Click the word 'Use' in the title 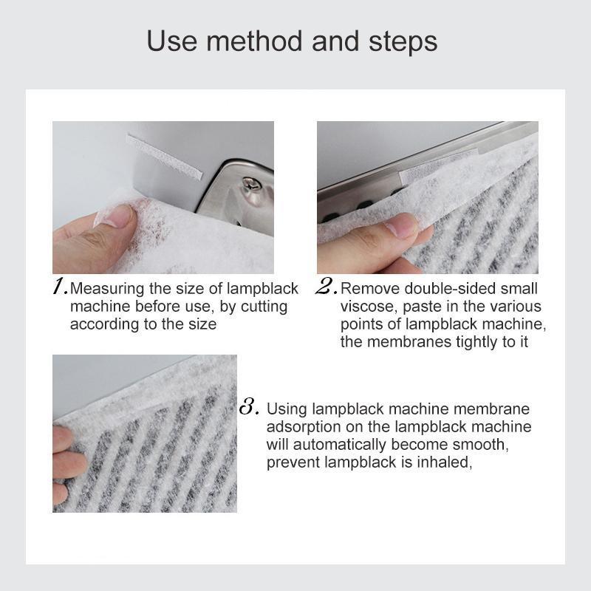(171, 41)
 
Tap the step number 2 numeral (326, 287)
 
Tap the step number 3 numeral (249, 407)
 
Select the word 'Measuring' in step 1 (105, 288)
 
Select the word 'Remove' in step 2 (366, 288)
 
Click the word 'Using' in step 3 (287, 409)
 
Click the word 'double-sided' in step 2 (459, 288)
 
